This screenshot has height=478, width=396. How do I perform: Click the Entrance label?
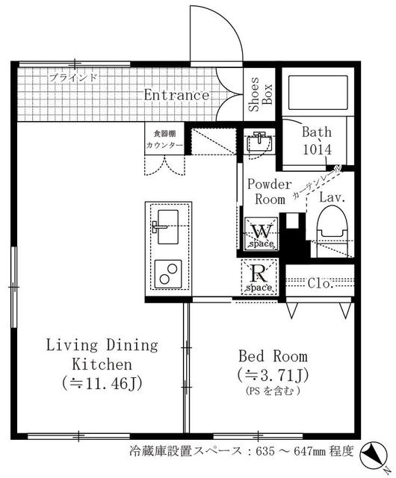(176, 95)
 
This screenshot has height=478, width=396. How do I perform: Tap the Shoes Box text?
(260, 94)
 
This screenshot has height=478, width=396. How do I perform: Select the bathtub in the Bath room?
(318, 93)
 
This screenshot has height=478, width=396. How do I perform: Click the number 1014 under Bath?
(317, 149)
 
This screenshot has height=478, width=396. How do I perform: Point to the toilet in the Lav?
(332, 230)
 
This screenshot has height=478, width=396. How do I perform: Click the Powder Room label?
(270, 192)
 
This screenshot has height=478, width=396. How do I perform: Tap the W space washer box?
(262, 234)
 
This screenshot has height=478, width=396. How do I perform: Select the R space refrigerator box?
(259, 277)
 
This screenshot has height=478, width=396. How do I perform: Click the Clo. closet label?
(320, 283)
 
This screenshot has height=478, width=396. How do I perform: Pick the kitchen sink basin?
(167, 226)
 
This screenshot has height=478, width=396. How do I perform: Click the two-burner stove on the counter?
(168, 274)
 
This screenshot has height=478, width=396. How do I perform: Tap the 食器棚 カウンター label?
(164, 140)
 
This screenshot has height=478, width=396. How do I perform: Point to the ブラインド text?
(73, 78)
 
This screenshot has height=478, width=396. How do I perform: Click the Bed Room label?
(273, 356)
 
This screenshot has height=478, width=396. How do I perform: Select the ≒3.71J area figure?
(273, 375)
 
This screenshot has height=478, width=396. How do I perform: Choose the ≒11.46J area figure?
(102, 383)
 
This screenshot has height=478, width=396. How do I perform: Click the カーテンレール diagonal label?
(317, 182)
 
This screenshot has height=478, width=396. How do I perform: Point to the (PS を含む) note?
(273, 391)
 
